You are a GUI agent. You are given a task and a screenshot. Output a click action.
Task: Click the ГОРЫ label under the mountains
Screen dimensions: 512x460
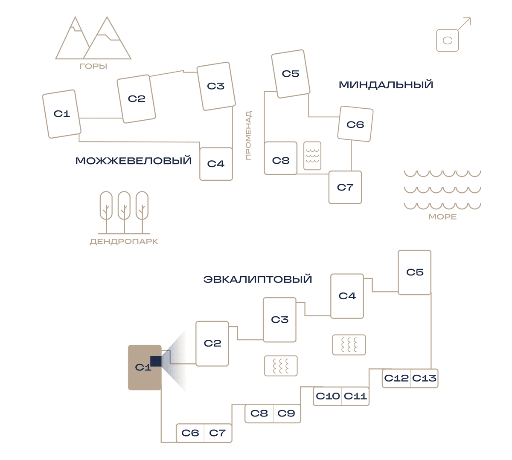point(93,67)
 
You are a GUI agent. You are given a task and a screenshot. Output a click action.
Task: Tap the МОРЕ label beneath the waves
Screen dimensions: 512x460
point(442,217)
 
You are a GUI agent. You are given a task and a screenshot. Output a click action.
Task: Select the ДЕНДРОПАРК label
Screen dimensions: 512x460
point(124,242)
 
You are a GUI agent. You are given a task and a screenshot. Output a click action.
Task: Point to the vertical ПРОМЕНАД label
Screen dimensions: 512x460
point(248,135)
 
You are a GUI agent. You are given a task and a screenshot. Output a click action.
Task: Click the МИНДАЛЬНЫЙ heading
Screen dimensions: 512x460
point(386,85)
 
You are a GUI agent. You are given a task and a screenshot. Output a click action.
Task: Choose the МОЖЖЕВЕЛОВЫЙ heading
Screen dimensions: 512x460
point(133,161)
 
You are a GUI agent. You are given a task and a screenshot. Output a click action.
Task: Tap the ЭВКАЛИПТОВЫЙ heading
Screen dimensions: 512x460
point(258,279)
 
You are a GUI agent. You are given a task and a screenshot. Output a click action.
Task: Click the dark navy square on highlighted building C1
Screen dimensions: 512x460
point(156,361)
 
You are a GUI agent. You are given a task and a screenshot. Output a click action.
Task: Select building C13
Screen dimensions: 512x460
point(424,378)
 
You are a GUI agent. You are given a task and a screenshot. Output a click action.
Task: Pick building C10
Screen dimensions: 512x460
point(327,396)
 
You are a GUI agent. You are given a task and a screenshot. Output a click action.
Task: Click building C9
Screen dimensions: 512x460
point(287,413)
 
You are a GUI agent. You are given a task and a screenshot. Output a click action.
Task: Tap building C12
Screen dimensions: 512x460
point(396,378)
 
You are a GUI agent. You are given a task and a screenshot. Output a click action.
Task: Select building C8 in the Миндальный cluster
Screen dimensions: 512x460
point(280,158)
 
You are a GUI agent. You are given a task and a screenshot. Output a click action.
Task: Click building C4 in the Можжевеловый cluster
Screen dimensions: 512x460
point(216,164)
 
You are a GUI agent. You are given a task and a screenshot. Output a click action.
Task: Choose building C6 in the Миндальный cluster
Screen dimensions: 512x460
point(355,124)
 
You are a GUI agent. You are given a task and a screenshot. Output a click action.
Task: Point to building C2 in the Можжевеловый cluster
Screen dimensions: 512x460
point(136,99)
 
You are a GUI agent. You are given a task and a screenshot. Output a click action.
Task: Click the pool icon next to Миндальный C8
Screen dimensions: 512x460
point(312,156)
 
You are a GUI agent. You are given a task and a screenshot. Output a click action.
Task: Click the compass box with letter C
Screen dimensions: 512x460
point(447,41)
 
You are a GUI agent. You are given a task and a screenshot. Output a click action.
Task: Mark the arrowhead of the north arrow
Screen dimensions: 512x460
point(470,18)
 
